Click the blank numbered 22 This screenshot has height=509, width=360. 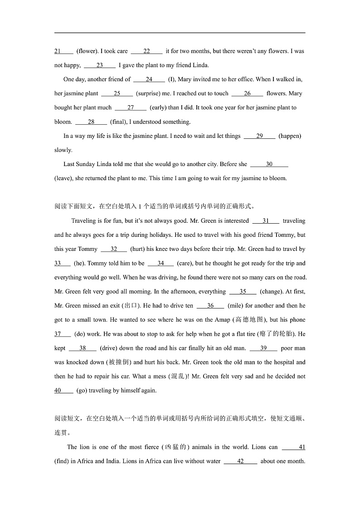146,51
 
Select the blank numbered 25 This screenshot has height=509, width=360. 117,93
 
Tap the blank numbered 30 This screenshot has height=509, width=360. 269,164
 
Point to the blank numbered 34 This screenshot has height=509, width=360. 161,263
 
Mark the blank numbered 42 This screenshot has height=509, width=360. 240,461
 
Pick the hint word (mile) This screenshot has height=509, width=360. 235,306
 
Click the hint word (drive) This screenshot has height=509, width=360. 109,348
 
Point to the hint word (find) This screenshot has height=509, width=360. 62,461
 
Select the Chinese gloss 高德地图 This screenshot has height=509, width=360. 249,320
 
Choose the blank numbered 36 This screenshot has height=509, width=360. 210,306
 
